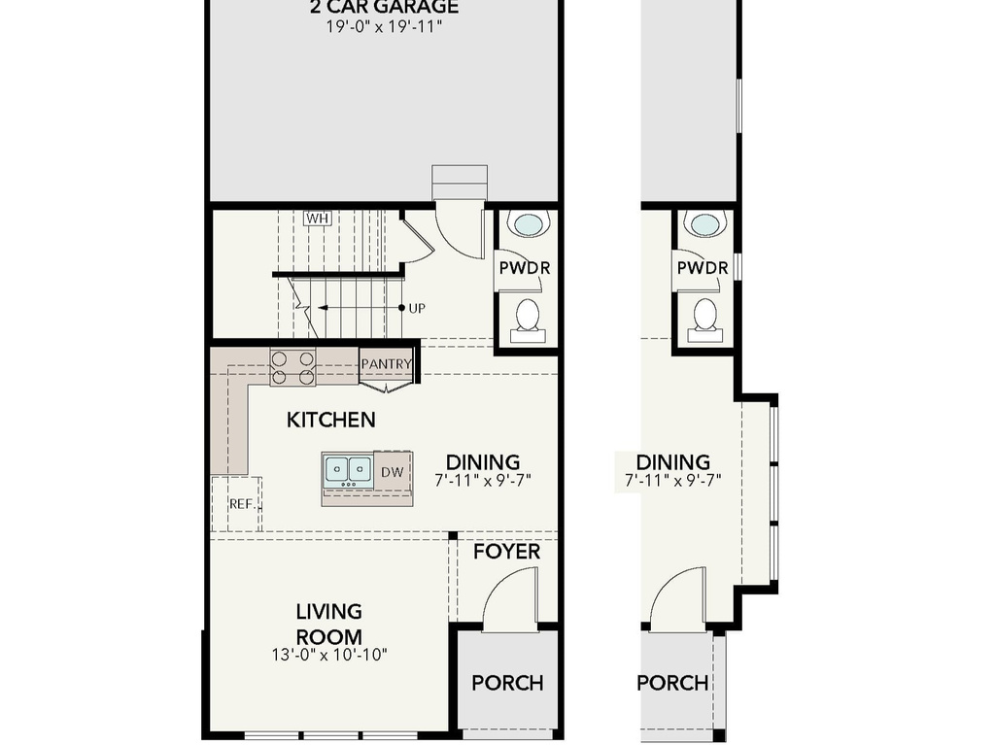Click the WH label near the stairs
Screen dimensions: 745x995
317,218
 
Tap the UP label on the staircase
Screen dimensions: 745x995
417,308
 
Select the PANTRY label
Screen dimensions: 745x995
387,364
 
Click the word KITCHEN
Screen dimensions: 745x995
331,420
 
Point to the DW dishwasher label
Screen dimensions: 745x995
392,472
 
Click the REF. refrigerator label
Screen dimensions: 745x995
241,504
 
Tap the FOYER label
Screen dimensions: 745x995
506,552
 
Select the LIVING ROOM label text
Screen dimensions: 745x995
328,624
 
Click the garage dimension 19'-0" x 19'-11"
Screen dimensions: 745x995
384,27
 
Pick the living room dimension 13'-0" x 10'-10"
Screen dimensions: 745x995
329,655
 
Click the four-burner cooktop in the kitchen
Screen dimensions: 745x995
292,367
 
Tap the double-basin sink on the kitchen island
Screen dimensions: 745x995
348,470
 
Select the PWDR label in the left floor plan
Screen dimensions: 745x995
525,267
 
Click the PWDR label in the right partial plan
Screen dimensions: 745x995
703,267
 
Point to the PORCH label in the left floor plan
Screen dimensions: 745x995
507,683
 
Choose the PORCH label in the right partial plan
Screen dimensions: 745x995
672,683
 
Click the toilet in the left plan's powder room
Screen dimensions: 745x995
527,317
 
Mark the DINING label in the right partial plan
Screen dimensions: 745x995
672,462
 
